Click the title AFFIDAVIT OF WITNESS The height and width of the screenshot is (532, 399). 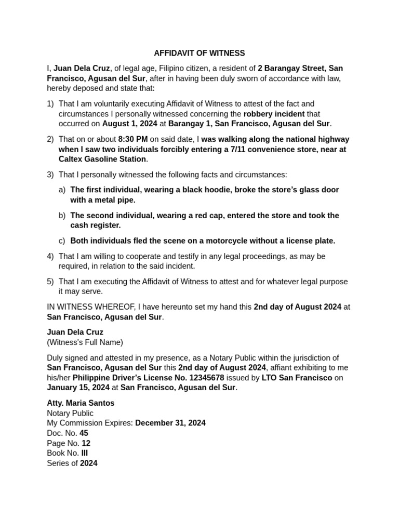point(199,54)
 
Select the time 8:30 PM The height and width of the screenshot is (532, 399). point(133,139)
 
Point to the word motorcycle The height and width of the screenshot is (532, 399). point(221,241)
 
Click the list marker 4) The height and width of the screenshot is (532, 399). point(50,256)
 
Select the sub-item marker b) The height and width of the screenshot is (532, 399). point(62,216)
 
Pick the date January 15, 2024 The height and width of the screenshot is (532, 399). point(78,388)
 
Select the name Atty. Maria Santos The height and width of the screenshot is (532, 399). point(81,403)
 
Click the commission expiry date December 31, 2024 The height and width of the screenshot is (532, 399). point(170,423)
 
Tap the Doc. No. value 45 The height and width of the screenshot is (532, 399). point(84,433)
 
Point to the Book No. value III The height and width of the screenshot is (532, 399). point(85,453)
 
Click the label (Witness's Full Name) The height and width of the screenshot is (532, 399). point(85,342)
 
